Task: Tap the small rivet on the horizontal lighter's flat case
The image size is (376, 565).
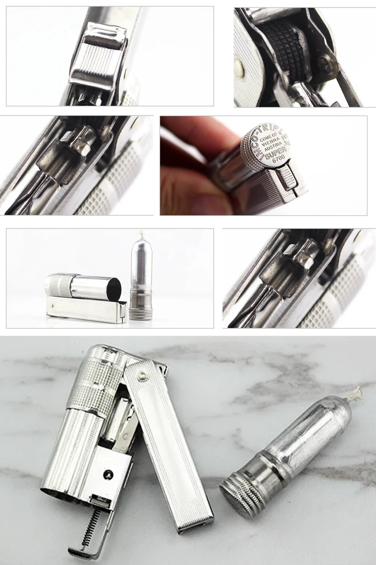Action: coord(55,305)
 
